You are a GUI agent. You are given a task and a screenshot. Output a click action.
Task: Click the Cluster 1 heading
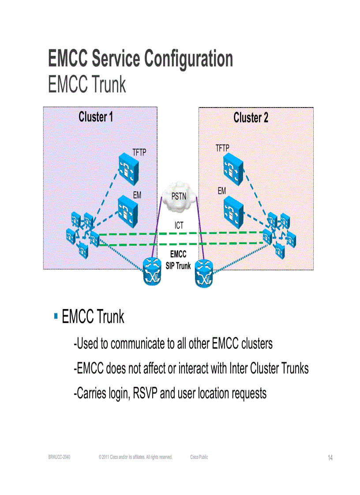(96, 117)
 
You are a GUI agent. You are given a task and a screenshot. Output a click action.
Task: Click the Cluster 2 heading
(251, 118)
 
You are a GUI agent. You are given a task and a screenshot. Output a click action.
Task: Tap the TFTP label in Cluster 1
(139, 153)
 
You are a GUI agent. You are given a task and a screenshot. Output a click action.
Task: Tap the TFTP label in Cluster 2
(222, 148)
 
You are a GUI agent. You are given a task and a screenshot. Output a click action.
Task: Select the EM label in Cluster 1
(137, 195)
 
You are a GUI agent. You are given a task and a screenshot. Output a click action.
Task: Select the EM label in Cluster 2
(221, 191)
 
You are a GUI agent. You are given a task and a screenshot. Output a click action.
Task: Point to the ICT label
(179, 226)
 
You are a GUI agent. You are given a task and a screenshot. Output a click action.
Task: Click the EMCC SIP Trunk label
(178, 260)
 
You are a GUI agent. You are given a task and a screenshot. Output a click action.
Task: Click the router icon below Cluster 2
(204, 273)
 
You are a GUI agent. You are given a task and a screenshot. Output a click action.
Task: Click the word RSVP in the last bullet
(145, 393)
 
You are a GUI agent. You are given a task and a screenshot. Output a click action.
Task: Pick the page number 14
(330, 458)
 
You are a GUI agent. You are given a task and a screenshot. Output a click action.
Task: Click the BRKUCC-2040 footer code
(59, 457)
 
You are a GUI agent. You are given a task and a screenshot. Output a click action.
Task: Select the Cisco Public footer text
(199, 457)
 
